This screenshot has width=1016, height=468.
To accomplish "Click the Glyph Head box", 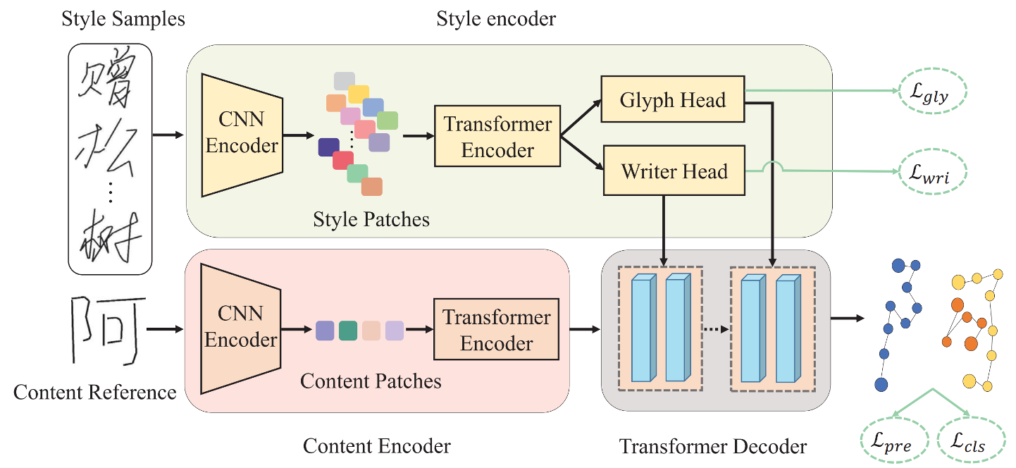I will coord(673,100).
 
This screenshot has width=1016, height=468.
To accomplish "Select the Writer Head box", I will coord(674,171).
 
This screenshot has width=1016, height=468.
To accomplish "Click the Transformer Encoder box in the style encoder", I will coord(497,137).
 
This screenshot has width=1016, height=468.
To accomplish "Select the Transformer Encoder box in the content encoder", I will coord(496,330).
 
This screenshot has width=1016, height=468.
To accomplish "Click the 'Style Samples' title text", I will coord(123,19).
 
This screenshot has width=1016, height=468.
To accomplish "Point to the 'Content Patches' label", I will coord(371,381).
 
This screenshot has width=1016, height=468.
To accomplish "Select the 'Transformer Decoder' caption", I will coord(712,445).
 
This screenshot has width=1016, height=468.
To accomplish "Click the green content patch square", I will coord(348,331).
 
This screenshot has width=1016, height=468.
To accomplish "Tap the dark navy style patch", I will coord(328,147).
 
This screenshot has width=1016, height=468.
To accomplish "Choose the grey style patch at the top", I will coord(344,80).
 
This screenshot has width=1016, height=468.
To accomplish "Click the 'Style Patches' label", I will coord(371,219).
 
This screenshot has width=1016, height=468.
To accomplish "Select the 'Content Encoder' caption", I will coord(376,445).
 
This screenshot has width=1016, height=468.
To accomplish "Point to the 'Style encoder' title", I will coord(496,19).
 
